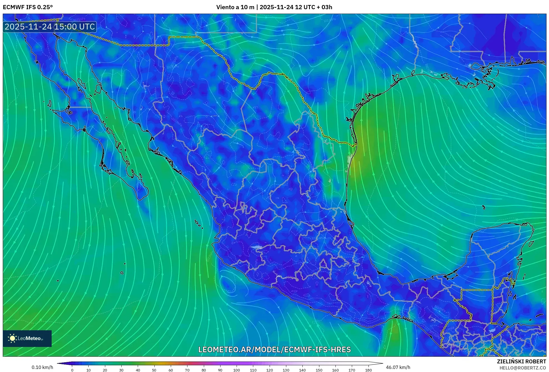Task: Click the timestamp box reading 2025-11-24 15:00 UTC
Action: click(50, 27)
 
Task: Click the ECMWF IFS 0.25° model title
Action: click(28, 7)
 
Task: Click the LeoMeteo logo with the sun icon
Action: click(27, 338)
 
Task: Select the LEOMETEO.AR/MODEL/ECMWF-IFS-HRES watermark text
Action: click(274, 349)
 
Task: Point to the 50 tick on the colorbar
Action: click(154, 370)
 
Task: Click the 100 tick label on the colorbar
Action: click(236, 370)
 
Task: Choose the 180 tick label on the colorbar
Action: click(368, 370)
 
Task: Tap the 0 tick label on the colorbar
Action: click(72, 370)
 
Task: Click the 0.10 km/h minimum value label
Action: click(42, 367)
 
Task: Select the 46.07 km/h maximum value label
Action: click(398, 367)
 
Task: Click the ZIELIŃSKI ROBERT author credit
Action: click(521, 361)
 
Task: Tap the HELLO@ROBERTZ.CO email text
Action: click(523, 368)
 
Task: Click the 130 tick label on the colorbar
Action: click(286, 370)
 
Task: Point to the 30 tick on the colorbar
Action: click(121, 370)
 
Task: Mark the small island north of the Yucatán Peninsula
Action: click(483, 207)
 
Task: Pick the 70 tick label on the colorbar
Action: click(187, 370)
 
